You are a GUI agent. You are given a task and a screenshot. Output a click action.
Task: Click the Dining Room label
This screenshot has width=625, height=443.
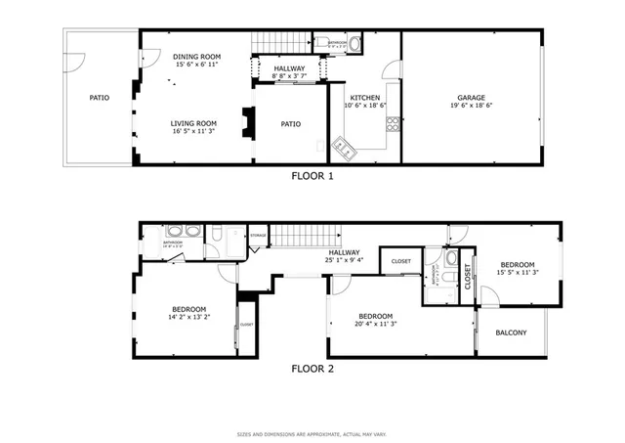[196, 57]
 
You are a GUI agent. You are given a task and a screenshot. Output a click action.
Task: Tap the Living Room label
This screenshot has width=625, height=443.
[193, 123]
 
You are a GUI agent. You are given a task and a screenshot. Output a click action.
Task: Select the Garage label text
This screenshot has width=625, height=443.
[472, 97]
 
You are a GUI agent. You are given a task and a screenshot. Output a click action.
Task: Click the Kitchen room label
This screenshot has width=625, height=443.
[365, 98]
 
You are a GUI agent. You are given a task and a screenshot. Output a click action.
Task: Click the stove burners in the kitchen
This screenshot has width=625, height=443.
[393, 123]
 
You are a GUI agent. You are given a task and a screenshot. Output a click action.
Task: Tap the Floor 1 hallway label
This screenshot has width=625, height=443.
[288, 68]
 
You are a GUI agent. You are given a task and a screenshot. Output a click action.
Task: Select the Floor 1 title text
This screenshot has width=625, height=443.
[312, 177]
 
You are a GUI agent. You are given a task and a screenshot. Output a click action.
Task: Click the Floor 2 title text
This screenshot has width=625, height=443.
[312, 369]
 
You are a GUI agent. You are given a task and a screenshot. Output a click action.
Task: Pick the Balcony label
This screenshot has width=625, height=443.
[511, 333]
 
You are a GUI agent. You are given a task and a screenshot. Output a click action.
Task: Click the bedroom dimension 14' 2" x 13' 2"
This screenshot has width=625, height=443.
[188, 316]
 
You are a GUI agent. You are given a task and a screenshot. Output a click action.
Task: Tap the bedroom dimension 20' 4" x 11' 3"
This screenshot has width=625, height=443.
[375, 326]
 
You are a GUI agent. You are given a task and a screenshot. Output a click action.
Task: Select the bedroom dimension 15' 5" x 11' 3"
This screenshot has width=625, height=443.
[518, 273]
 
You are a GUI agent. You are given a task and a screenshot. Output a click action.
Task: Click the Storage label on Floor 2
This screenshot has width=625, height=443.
[258, 236]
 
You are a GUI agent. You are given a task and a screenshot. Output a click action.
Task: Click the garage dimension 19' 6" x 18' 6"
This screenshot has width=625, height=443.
[472, 106]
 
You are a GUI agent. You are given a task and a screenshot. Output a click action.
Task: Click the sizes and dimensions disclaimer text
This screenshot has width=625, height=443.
[312, 433]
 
